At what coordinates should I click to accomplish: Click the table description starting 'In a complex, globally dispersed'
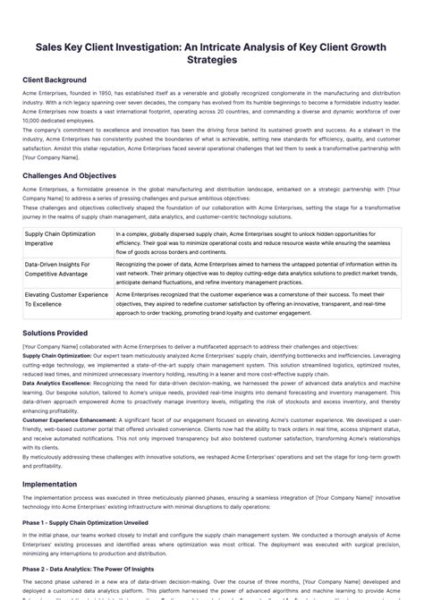click(255, 242)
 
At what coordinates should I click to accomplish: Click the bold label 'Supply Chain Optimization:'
click(56, 355)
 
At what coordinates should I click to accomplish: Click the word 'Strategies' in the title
click(211, 60)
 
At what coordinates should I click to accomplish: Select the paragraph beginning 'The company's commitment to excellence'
click(211, 139)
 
